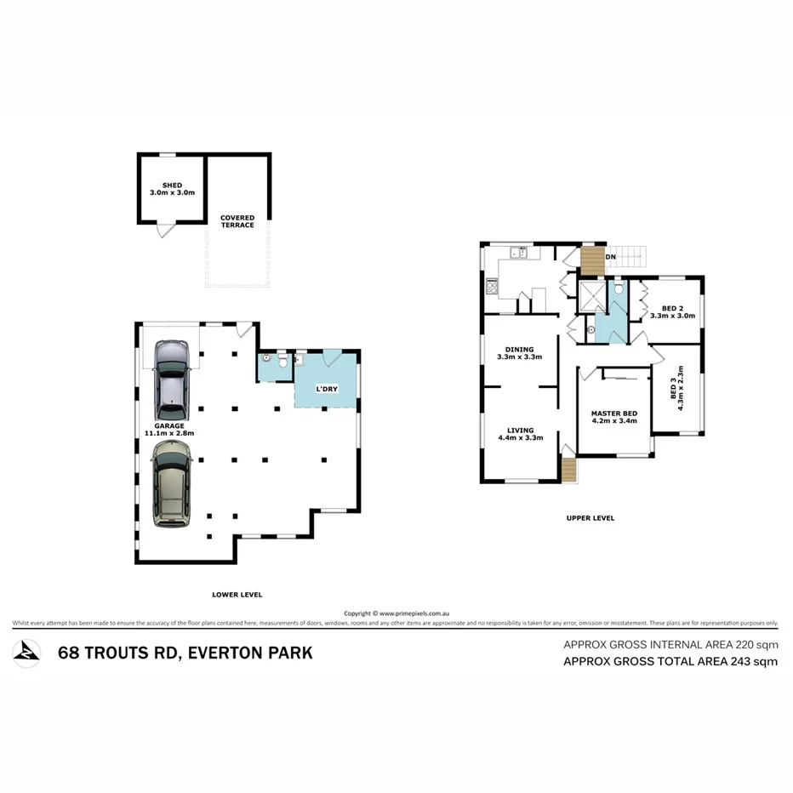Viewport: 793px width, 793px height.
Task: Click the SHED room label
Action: click(x=170, y=189)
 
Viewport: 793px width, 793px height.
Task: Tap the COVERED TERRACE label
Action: click(x=237, y=221)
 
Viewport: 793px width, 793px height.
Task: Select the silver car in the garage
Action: click(x=173, y=374)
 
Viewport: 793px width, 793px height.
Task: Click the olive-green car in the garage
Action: click(x=171, y=487)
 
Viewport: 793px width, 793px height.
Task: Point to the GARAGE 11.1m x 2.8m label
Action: click(x=174, y=429)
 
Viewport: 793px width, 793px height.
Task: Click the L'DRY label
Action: click(x=328, y=389)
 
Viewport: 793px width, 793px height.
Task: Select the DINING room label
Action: click(x=519, y=353)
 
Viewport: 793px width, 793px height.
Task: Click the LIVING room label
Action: click(x=519, y=434)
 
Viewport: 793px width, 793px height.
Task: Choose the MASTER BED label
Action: click(x=613, y=417)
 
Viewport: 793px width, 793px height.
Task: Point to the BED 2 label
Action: click(x=672, y=311)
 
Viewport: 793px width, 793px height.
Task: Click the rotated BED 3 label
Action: click(x=676, y=393)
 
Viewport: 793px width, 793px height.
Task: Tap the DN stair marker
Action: click(x=610, y=256)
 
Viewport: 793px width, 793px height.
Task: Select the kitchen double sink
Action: click(x=518, y=253)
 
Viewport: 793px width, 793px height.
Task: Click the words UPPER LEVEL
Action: click(x=590, y=517)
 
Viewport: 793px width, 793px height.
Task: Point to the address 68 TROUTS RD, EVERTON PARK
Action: click(x=185, y=653)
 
